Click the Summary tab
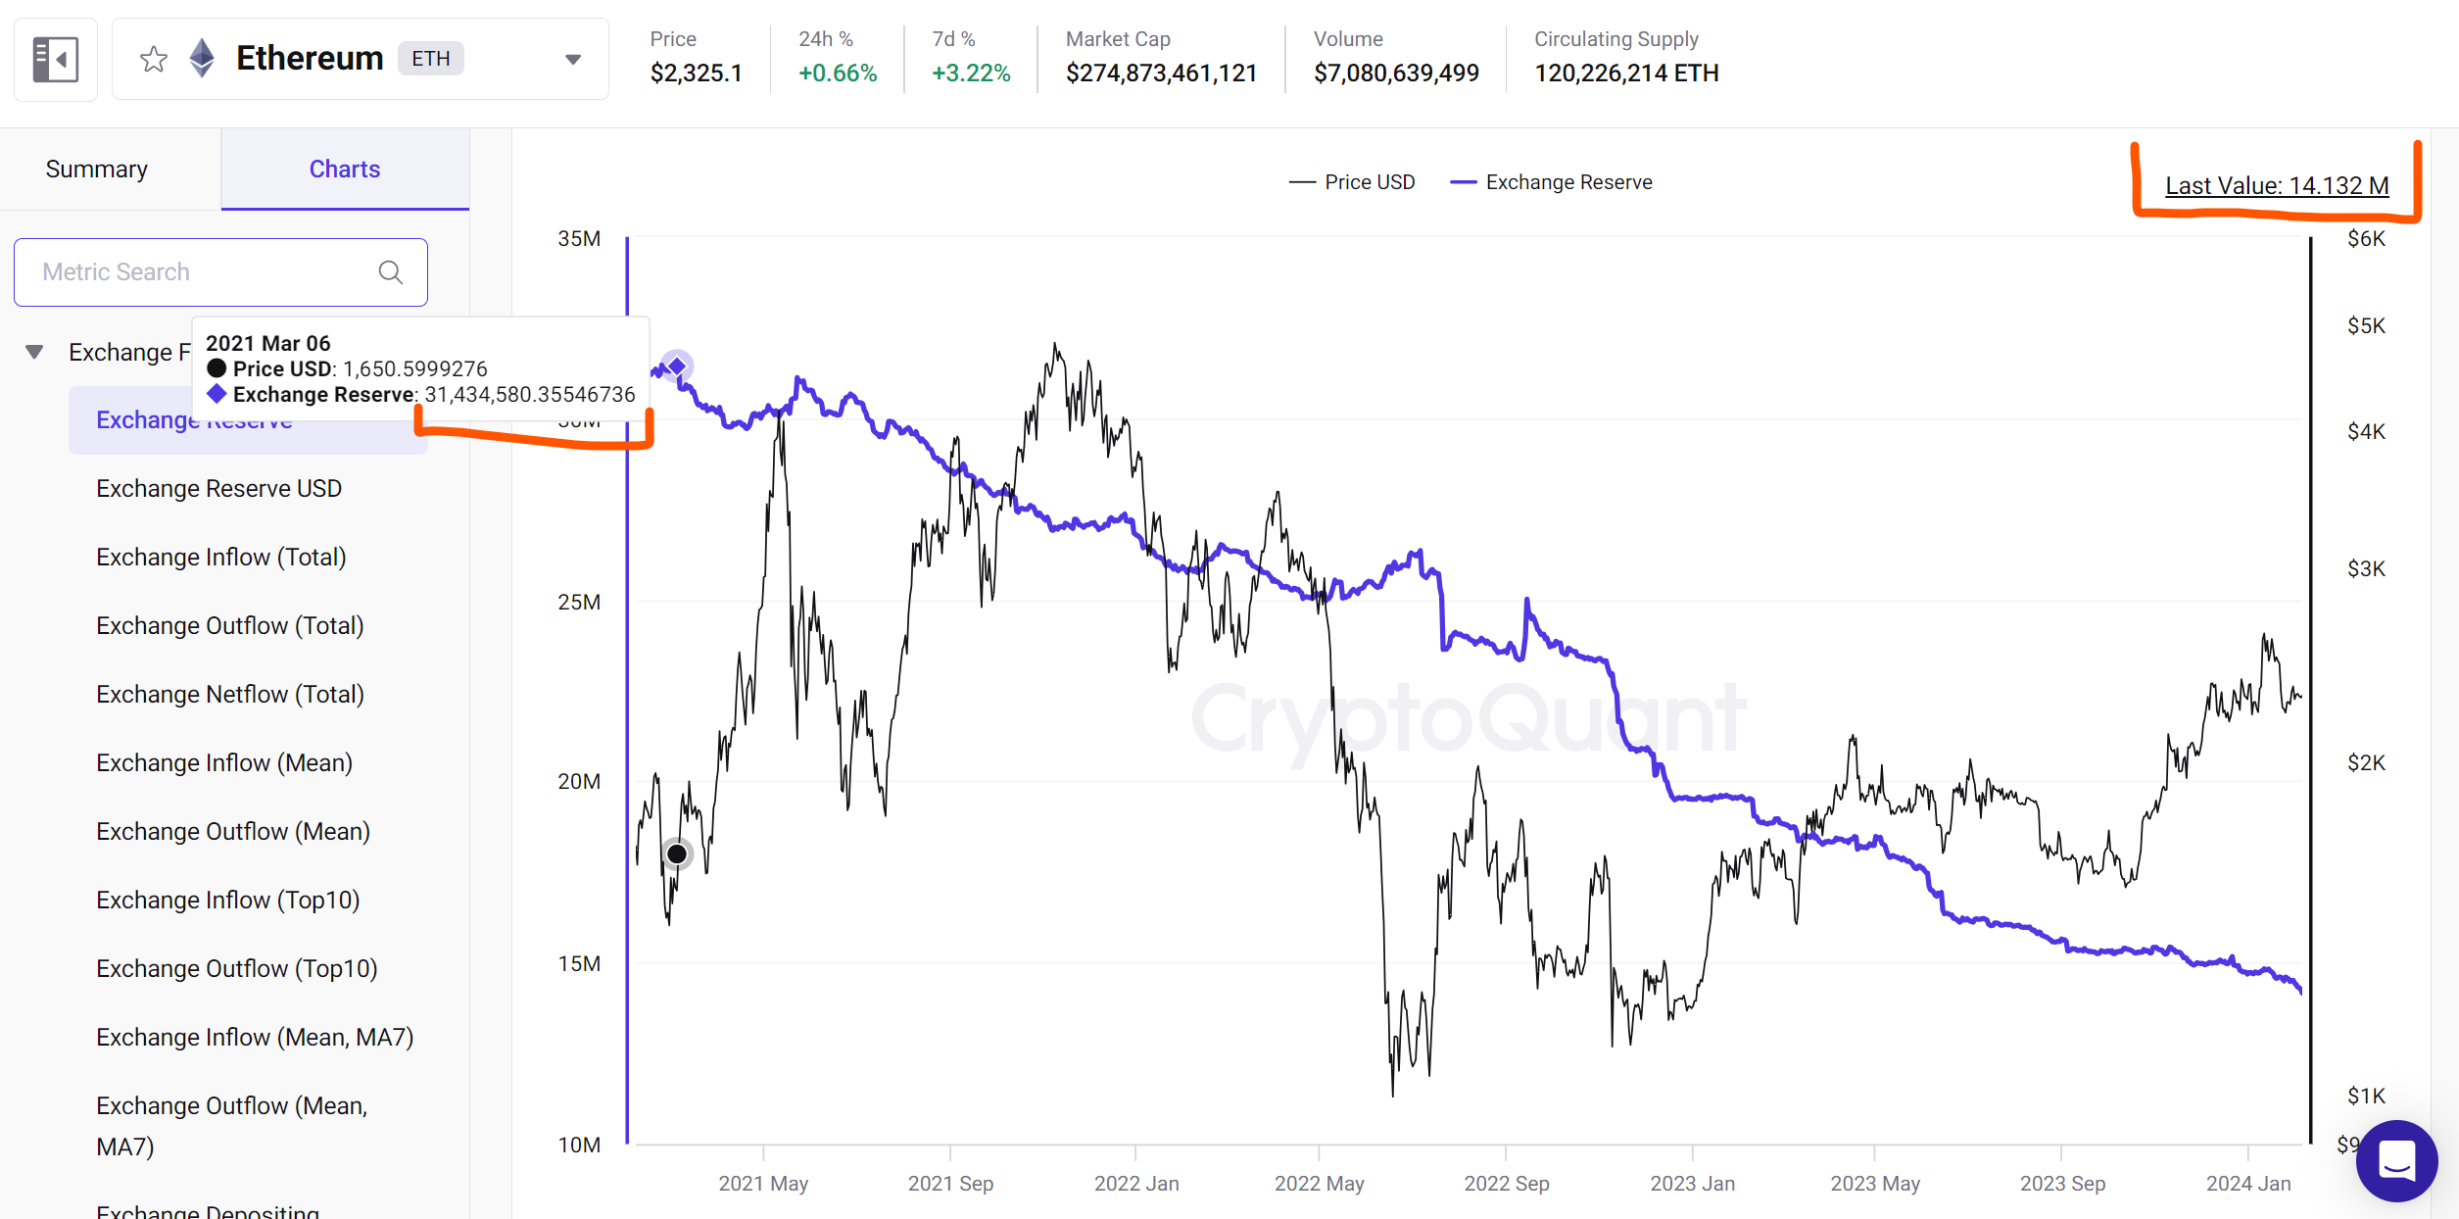click(97, 170)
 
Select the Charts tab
click(345, 170)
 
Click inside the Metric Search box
click(206, 272)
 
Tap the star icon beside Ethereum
click(154, 60)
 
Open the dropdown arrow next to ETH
click(573, 60)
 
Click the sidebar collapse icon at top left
click(56, 60)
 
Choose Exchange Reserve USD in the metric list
click(218, 488)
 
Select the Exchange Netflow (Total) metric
click(229, 694)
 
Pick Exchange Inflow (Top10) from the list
click(227, 900)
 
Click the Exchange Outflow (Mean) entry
click(232, 831)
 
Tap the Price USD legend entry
click(1353, 182)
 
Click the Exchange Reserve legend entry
click(1552, 182)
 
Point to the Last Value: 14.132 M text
click(2276, 185)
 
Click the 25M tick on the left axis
click(579, 602)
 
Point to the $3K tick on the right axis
click(2366, 568)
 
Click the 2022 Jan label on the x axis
click(1136, 1183)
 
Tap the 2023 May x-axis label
click(1875, 1183)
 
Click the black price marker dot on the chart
click(677, 854)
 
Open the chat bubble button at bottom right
click(2396, 1161)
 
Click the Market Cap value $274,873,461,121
click(1161, 73)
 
